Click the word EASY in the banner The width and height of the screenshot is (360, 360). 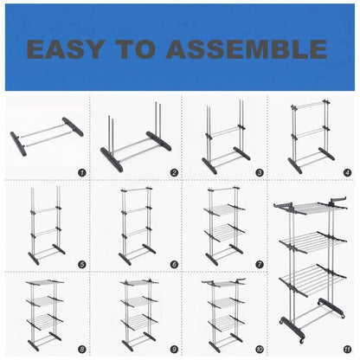[x=65, y=49]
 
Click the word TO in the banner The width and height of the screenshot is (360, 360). [x=135, y=49]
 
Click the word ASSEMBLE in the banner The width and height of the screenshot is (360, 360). [x=247, y=49]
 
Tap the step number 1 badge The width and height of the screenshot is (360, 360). [x=82, y=173]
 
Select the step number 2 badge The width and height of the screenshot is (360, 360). [x=174, y=173]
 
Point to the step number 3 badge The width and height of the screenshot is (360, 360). [x=260, y=173]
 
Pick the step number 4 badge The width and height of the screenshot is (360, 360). [x=347, y=173]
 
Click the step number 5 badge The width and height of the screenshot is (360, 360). [x=82, y=264]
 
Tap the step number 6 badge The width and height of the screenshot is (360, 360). [x=174, y=264]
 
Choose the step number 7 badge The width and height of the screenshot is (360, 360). [x=260, y=264]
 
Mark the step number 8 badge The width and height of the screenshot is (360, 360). [x=82, y=350]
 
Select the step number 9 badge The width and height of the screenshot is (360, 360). [x=174, y=350]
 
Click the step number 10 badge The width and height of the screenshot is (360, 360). [x=260, y=350]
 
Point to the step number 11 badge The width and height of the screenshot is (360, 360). [x=347, y=350]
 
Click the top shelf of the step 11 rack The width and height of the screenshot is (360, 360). [x=310, y=207]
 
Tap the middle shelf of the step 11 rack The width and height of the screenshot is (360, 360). [x=312, y=241]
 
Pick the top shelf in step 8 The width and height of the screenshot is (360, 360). [x=45, y=283]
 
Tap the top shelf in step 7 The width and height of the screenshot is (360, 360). [x=224, y=209]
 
